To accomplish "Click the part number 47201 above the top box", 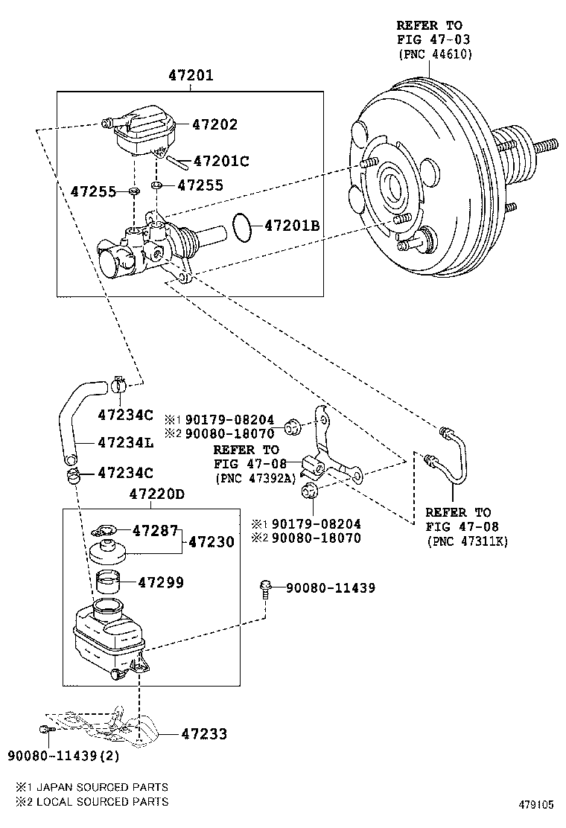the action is click(x=191, y=75).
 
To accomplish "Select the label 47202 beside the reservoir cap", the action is click(x=215, y=124).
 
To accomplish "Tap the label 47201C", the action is click(x=221, y=161).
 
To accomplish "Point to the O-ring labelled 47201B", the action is click(x=242, y=228).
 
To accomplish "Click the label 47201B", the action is click(x=292, y=226).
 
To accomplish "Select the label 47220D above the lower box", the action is click(x=157, y=494).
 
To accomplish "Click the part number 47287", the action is click(x=155, y=530).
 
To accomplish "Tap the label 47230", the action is click(x=212, y=542).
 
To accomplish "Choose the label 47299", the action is click(x=161, y=582).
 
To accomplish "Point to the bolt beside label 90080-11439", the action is click(x=265, y=589).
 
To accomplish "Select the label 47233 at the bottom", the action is click(x=204, y=733).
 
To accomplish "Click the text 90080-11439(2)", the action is click(x=63, y=756).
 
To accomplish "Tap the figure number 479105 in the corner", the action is click(x=536, y=805).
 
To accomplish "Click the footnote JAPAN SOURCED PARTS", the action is click(x=103, y=787).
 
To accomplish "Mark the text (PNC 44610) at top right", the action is click(x=435, y=54).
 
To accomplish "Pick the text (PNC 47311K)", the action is click(x=467, y=541).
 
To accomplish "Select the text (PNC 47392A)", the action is click(x=255, y=479).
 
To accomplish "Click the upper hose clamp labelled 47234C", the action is click(x=119, y=385).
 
